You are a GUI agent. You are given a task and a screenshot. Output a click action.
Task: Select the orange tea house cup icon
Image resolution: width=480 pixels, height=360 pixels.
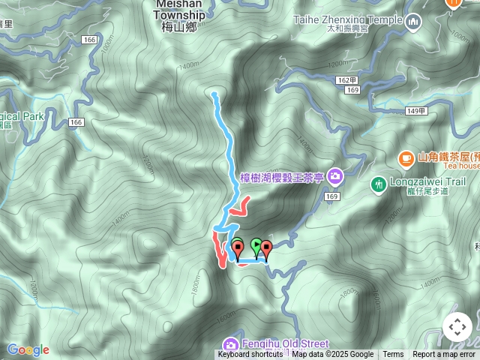(x=406, y=157)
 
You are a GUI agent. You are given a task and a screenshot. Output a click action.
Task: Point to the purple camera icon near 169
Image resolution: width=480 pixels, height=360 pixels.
(x=334, y=176)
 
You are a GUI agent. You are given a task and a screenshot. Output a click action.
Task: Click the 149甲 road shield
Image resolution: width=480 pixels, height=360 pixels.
(x=415, y=111)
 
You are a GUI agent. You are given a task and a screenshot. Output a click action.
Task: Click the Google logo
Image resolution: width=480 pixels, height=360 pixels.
(x=28, y=349)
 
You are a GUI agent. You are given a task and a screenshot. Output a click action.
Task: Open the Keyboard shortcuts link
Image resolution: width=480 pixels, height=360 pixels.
(x=250, y=355)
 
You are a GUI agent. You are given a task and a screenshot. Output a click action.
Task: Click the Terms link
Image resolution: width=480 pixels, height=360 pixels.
(x=393, y=355)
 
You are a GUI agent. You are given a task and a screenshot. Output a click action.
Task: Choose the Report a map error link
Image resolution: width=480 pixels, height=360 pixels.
(x=444, y=355)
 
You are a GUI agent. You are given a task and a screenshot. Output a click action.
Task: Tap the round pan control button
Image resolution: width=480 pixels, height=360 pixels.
(x=457, y=327)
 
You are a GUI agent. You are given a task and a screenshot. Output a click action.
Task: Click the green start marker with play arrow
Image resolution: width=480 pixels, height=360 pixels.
(x=256, y=245)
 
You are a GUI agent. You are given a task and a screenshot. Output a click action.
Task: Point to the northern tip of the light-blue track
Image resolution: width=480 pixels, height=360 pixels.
(x=214, y=94)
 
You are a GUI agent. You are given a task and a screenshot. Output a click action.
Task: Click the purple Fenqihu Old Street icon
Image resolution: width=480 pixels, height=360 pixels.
(x=232, y=344)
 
